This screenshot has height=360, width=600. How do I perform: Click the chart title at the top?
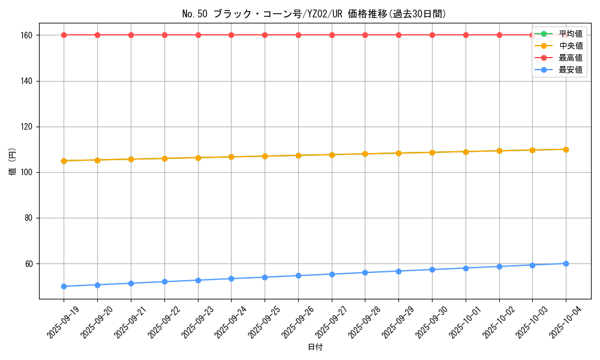click(x=314, y=14)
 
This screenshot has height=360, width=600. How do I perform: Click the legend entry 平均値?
click(x=570, y=34)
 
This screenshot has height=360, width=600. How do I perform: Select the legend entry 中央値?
click(x=570, y=46)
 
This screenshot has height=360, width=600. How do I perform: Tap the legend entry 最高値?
click(x=570, y=58)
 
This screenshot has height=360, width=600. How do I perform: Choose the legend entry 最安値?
click(x=570, y=70)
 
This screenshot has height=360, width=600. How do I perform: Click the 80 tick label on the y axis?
click(x=29, y=218)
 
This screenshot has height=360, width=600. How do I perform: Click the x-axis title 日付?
click(x=315, y=347)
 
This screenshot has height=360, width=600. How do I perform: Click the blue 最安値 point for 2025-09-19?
click(x=64, y=286)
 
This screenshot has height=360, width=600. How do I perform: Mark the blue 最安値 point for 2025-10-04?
click(x=566, y=263)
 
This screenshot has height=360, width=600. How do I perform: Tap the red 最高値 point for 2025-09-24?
click(x=231, y=35)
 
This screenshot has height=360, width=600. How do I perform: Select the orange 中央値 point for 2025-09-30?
click(x=432, y=152)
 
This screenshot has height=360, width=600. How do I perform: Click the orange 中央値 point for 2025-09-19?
click(x=64, y=161)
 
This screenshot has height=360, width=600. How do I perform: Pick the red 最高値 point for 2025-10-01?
click(x=466, y=35)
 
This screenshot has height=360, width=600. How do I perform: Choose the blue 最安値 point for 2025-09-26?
click(x=298, y=275)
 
